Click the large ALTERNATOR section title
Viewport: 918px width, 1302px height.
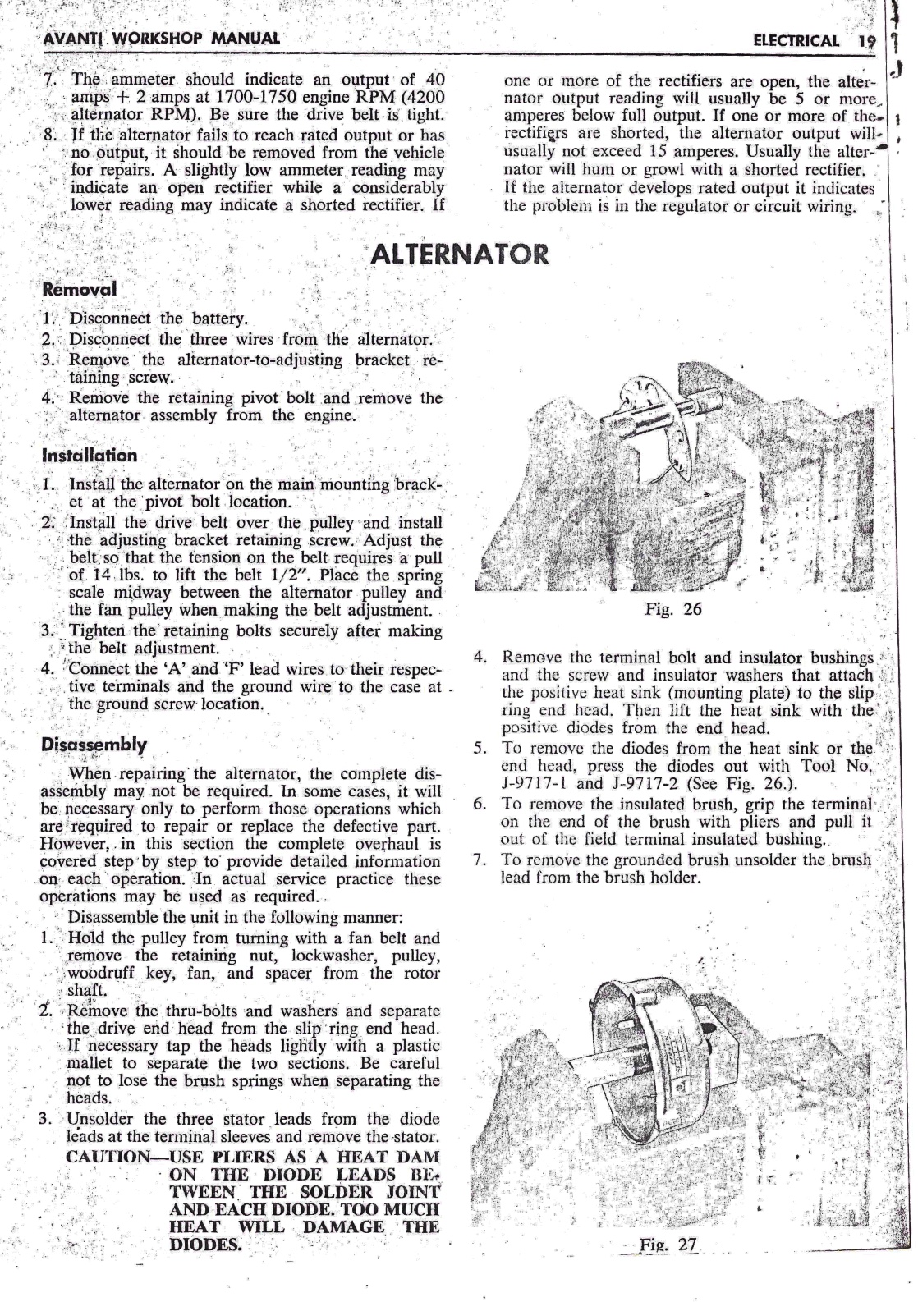459,254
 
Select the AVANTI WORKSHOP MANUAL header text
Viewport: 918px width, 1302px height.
160,39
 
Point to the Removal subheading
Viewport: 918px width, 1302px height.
80,290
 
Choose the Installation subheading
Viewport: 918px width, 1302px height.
90,455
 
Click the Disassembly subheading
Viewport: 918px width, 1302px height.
94,745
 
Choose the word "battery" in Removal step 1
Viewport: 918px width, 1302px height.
218,319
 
